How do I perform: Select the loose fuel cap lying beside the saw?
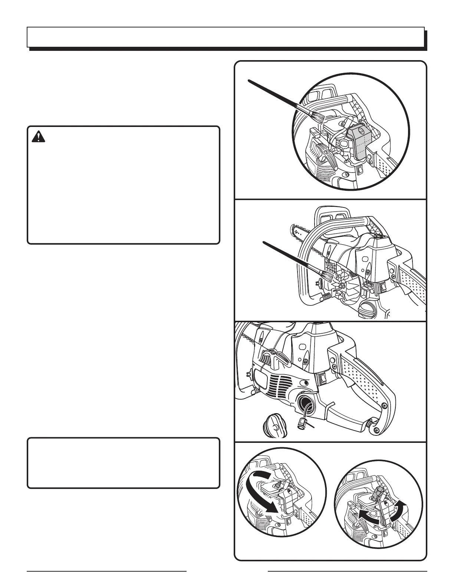point(274,426)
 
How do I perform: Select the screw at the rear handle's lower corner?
point(377,430)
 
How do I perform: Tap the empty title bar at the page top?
point(226,37)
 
